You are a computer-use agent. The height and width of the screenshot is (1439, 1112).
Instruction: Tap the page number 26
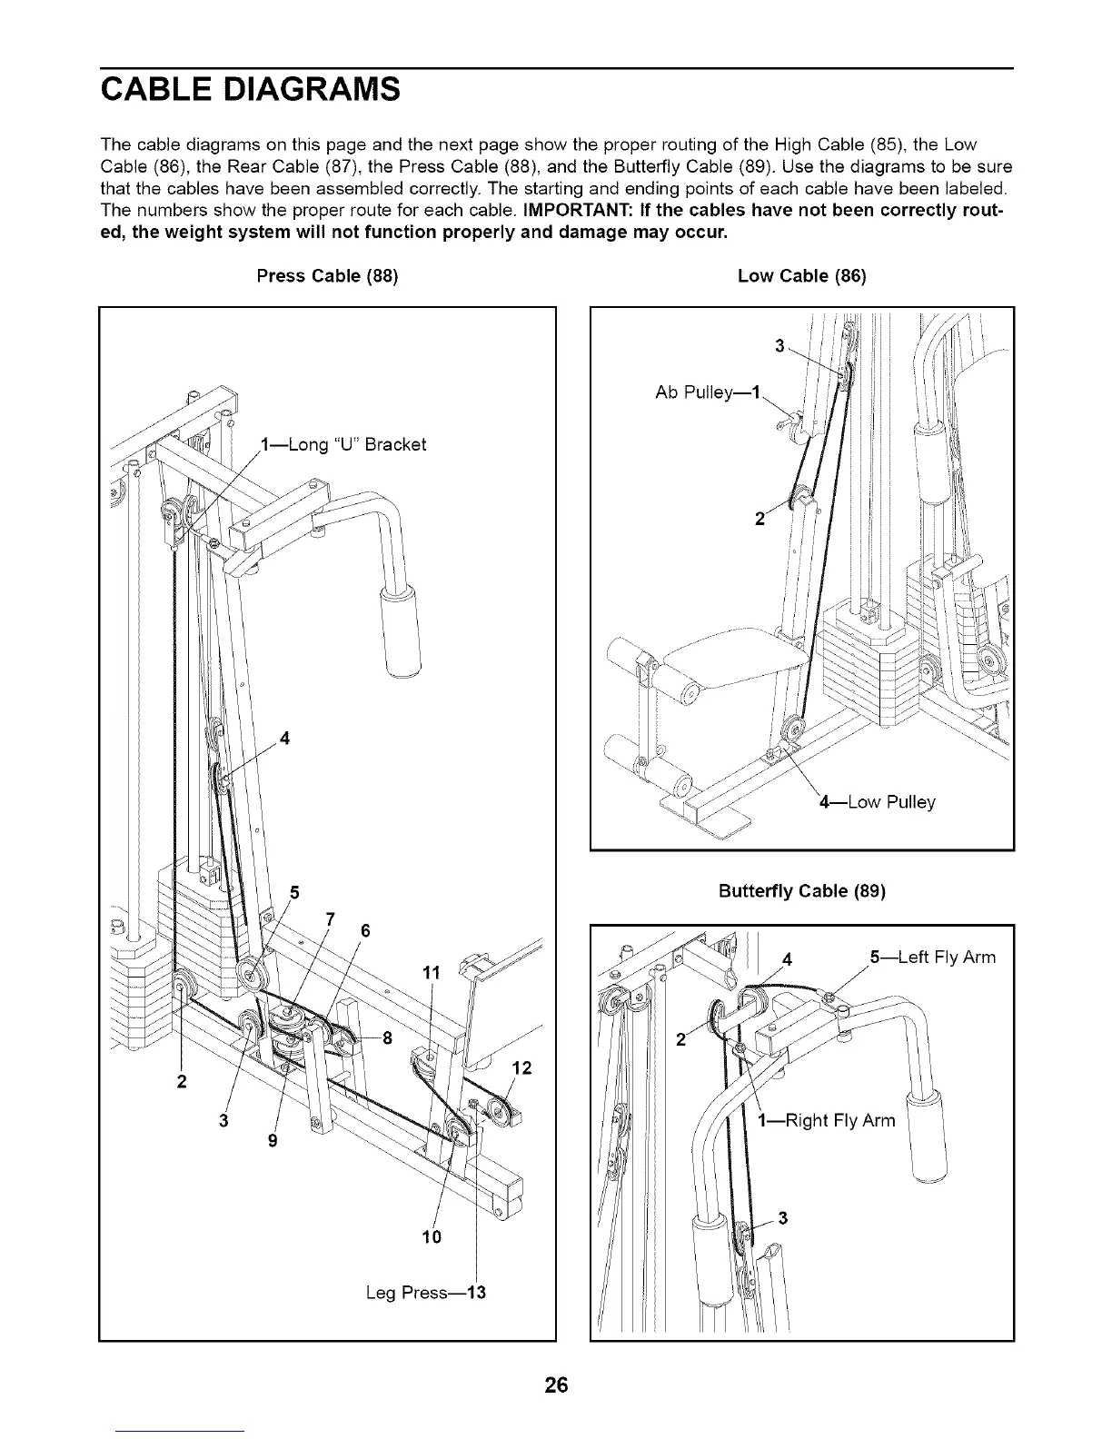[556, 1385]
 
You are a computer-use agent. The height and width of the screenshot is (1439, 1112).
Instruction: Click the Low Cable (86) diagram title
[802, 275]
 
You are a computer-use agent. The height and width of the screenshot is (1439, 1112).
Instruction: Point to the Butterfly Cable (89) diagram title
[802, 891]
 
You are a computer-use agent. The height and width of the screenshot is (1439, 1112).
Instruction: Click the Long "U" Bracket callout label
[343, 444]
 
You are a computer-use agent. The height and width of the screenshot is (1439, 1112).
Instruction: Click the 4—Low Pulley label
[877, 802]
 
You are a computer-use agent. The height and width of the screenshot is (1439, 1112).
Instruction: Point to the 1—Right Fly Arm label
[827, 1120]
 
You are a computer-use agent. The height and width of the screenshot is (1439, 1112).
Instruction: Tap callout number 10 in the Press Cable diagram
[432, 1236]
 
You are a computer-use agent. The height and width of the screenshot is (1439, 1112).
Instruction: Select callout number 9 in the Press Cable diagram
[273, 1141]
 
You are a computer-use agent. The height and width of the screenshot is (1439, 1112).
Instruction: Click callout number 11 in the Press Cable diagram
[432, 973]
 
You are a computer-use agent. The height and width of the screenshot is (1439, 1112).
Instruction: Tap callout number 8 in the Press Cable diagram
[387, 1040]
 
